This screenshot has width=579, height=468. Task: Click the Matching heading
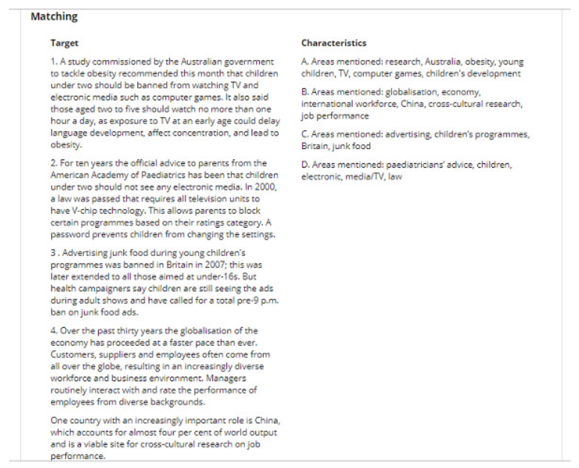(54, 16)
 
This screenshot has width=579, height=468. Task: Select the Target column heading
(64, 43)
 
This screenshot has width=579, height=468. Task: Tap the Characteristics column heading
(334, 43)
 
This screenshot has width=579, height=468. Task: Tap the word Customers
(73, 354)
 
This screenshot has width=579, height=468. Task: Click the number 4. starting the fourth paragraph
(55, 330)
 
